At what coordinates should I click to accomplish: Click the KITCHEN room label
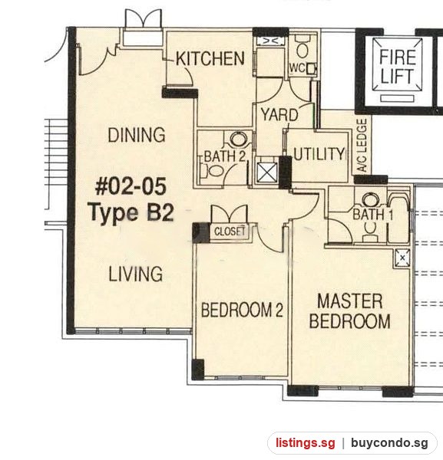210,58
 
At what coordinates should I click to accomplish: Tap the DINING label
137,135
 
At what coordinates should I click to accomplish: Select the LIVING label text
135,274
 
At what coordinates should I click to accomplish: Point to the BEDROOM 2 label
242,310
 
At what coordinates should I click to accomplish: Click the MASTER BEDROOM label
350,311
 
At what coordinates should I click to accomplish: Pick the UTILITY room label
319,154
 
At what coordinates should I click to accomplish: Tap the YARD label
279,115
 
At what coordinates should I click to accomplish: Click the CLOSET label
230,232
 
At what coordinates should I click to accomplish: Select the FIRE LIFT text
398,66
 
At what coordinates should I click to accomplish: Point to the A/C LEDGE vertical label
363,145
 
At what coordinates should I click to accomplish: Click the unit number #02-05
131,186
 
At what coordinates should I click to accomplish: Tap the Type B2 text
131,212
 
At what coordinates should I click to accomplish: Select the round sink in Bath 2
238,139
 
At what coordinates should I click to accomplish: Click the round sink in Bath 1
370,200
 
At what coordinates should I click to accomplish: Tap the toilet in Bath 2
212,170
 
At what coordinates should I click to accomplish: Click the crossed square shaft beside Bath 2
266,172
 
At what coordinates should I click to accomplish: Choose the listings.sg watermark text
306,443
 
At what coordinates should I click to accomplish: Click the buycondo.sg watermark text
389,443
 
